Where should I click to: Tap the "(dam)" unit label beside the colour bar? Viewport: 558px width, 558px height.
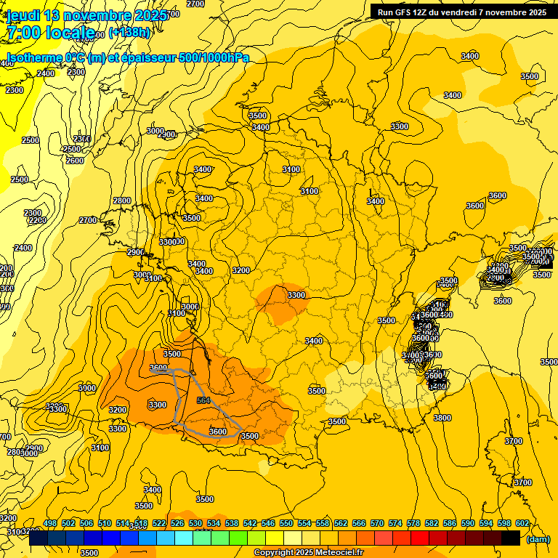point(538,539)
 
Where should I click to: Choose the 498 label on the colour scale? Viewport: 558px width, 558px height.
point(50,523)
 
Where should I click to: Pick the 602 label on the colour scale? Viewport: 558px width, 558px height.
point(522,523)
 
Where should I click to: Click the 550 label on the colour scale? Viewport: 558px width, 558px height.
point(286,523)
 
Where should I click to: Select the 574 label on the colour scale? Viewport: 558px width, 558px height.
point(395,523)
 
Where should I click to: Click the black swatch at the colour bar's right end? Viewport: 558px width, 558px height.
point(511,538)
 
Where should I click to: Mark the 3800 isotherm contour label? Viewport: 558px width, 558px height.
point(442,418)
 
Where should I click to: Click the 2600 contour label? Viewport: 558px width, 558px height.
point(75,161)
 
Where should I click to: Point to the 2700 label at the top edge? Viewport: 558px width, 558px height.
point(195,4)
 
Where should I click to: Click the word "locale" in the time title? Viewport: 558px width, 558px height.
point(70,32)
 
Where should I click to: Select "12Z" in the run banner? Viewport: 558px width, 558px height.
point(427,12)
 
